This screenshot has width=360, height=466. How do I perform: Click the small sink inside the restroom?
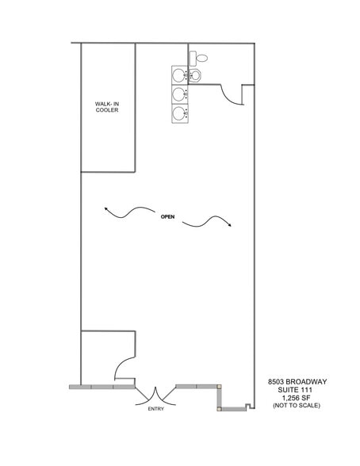(x=194, y=75)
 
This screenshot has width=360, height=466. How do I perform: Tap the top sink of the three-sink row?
(x=180, y=75)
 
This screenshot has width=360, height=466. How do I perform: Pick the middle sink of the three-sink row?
(x=180, y=94)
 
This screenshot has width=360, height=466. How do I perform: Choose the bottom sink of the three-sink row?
(x=180, y=113)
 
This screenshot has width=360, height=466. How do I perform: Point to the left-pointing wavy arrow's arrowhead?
(x=104, y=208)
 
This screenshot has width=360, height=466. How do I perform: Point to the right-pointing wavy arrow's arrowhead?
(x=230, y=227)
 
